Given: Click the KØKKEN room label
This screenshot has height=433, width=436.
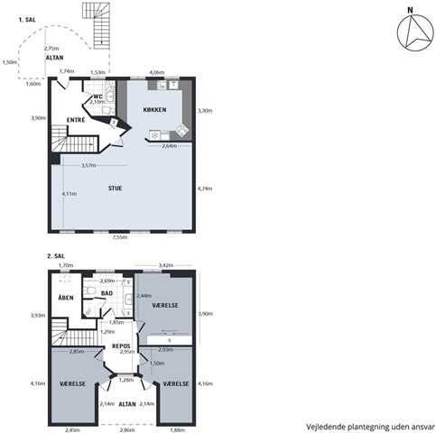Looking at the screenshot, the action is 154,110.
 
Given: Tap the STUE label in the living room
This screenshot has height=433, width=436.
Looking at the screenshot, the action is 116,189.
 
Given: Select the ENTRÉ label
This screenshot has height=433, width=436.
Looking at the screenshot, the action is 76,120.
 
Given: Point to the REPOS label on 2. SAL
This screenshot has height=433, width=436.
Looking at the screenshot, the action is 121,346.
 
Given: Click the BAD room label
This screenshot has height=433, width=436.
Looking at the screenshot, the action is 107,293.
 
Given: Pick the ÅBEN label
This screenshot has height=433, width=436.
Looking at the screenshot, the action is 66,298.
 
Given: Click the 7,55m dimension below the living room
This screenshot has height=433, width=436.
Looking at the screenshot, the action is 120,237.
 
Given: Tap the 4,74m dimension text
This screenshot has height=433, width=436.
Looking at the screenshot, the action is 205,189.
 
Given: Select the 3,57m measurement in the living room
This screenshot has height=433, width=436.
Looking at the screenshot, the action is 88,165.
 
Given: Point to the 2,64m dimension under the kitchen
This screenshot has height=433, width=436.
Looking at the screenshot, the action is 170,146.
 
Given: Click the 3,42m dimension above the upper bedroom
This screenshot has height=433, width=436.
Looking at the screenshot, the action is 166,265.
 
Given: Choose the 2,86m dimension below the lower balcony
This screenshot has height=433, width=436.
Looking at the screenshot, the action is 127,430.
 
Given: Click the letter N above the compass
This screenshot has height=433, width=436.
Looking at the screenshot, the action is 410,10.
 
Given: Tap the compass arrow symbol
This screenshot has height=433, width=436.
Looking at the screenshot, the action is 417,32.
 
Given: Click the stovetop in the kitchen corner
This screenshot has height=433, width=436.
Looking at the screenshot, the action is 182,131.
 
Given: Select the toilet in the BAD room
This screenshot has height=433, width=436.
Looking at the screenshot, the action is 89,290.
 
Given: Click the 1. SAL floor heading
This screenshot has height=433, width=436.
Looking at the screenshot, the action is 27,20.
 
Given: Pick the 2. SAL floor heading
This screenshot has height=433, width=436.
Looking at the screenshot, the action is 56,256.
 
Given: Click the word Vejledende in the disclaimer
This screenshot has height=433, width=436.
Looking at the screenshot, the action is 325,427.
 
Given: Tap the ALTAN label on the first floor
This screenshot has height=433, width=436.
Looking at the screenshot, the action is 54,58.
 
